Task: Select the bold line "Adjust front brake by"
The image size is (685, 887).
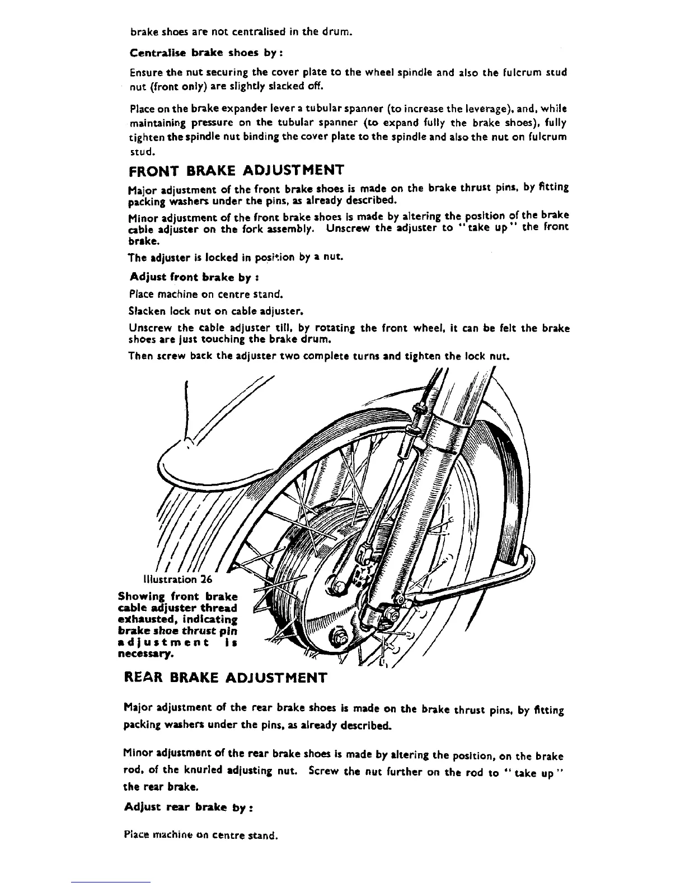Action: (194, 277)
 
